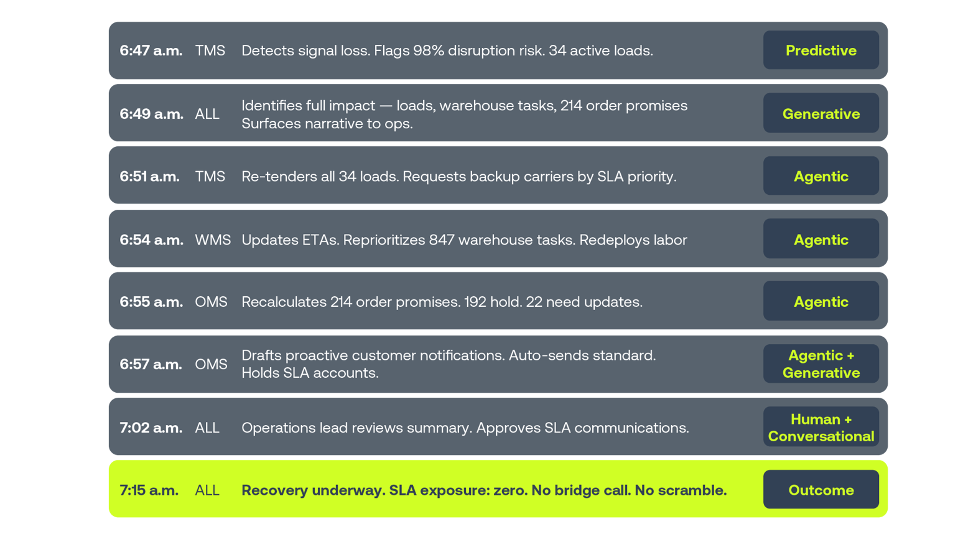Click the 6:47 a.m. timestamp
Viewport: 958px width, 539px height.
point(151,51)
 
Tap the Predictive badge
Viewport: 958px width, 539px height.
point(821,50)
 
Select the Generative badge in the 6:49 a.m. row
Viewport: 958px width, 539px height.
point(821,113)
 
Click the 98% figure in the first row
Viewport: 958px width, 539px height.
point(429,50)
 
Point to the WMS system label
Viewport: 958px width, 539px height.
point(213,240)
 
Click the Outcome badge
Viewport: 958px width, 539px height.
point(821,489)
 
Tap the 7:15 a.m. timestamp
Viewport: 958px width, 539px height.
point(149,490)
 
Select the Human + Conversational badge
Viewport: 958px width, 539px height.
point(821,427)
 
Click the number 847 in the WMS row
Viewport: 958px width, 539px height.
point(442,240)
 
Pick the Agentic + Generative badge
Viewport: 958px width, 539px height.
point(821,363)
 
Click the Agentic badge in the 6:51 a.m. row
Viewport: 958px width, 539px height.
point(821,176)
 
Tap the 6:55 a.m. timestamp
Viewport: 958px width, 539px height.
point(151,302)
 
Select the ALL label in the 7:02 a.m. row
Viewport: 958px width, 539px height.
point(207,428)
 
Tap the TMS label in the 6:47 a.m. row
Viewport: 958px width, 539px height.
point(210,50)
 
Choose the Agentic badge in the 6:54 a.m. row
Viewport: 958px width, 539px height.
point(821,239)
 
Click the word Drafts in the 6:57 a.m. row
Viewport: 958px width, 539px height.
point(261,355)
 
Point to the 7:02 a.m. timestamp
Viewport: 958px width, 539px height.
point(151,428)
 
